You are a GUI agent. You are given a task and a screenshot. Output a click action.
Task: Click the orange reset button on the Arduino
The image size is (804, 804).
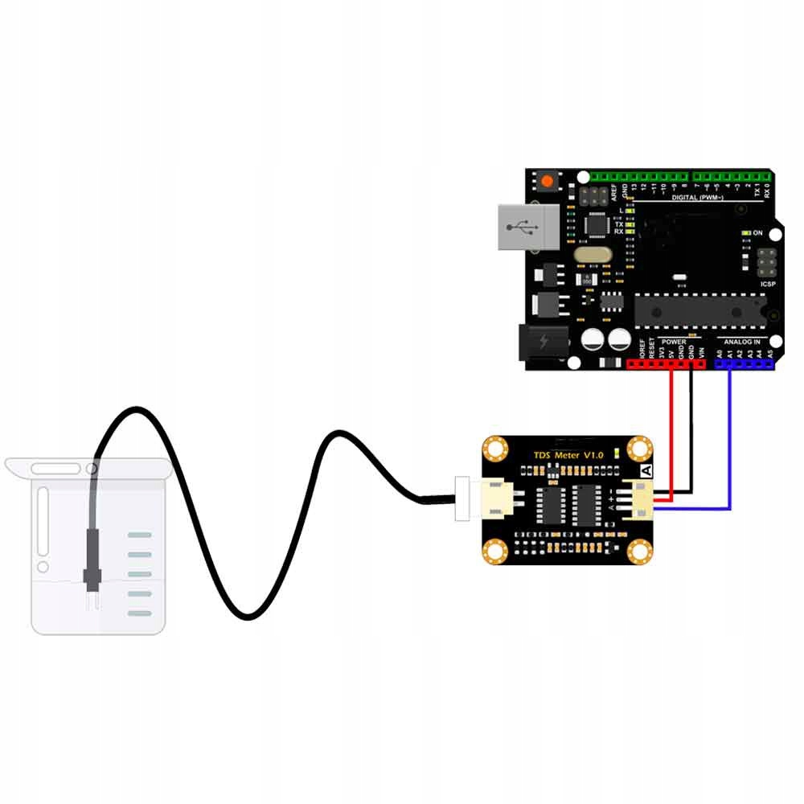click(548, 181)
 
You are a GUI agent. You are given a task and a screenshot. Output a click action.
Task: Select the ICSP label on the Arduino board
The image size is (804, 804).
click(767, 284)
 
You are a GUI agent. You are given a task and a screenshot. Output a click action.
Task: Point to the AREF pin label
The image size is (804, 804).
click(614, 191)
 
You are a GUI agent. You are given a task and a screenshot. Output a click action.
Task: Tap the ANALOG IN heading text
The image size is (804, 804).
click(743, 341)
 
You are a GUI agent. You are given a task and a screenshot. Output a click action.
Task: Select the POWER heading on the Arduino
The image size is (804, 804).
click(674, 341)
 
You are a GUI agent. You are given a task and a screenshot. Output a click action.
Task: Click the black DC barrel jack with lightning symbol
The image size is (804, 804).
click(544, 342)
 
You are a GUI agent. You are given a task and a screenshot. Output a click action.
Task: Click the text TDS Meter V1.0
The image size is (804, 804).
click(568, 456)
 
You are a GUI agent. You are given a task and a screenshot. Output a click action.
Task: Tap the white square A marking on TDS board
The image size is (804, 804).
click(644, 472)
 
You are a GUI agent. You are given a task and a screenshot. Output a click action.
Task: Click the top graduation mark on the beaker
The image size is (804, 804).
click(140, 535)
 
